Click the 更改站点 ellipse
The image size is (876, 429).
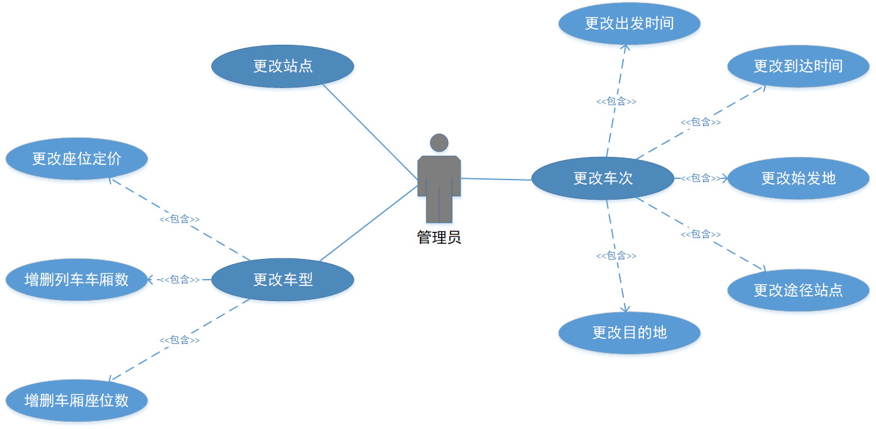coord(282,66)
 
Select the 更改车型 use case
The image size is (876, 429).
coord(282,279)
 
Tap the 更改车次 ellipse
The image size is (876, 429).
coord(602,178)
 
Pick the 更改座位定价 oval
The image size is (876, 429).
coord(76,159)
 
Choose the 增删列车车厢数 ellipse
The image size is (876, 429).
coord(76,279)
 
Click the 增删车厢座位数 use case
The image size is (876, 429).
coord(76,400)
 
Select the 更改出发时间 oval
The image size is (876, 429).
coord(629,23)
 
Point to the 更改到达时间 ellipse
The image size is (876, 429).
coord(798,66)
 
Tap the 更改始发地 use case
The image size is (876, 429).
coord(798,178)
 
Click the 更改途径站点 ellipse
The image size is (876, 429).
coord(798,290)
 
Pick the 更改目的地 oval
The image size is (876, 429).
coord(629,333)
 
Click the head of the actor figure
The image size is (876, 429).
coord(439,142)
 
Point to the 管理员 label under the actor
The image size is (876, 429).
coord(439,237)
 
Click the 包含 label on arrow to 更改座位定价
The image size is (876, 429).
coord(180,219)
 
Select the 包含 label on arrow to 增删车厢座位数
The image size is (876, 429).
coord(180,340)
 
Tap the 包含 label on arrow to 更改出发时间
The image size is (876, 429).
coord(616,101)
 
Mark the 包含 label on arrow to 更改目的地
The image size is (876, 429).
coord(616,256)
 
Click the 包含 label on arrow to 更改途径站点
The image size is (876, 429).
coord(701,234)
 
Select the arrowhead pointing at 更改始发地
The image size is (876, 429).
coord(725,178)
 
